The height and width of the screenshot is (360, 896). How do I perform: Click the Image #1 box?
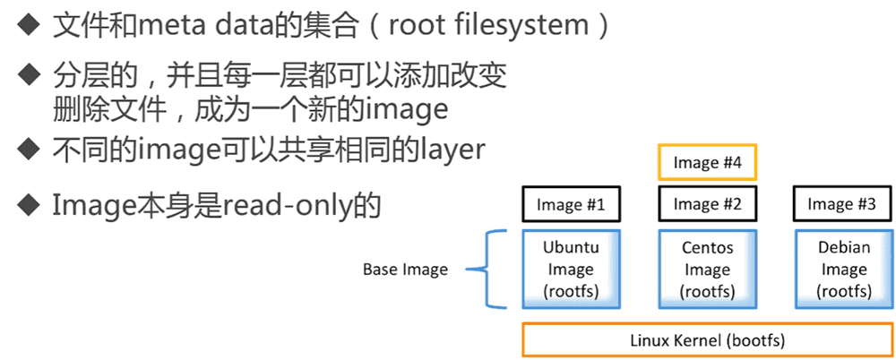571,204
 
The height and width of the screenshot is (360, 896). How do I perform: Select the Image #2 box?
708,204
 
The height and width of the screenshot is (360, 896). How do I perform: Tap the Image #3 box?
841,204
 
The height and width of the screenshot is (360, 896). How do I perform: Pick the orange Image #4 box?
708,163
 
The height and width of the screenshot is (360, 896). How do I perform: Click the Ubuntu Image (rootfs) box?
571,269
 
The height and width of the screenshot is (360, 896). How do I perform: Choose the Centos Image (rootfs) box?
708,269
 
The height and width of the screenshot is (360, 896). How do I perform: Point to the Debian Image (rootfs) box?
842,269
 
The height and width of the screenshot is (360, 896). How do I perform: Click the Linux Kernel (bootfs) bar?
708,340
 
